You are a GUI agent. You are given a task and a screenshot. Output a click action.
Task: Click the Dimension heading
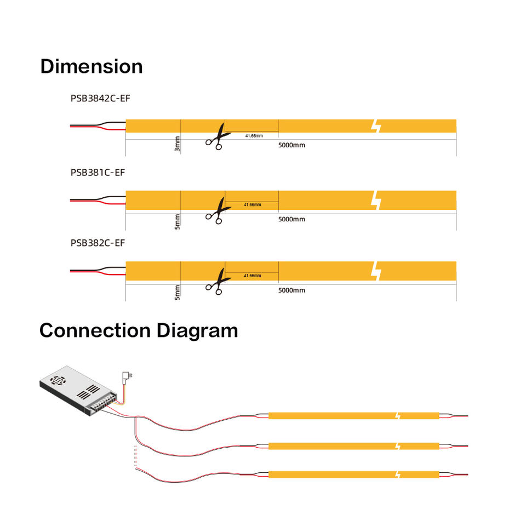click(92, 66)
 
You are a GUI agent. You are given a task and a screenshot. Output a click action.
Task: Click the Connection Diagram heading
click(139, 330)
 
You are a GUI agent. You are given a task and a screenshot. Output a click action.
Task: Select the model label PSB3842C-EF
click(100, 99)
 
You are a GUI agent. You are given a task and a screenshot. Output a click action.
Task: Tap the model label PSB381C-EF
click(98, 172)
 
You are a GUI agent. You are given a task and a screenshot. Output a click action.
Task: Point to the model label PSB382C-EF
click(98, 243)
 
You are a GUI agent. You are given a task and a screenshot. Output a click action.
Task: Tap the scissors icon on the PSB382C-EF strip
click(216, 282)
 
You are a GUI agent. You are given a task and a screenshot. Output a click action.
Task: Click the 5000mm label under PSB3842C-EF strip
click(291, 145)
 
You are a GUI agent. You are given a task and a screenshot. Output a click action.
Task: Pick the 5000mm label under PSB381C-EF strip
click(291, 219)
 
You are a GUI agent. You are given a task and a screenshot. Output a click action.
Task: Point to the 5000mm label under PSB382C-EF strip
click(291, 290)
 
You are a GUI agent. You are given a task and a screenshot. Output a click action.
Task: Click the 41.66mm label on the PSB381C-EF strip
click(253, 205)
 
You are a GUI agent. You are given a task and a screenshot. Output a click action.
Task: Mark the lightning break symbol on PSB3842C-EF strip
click(376, 126)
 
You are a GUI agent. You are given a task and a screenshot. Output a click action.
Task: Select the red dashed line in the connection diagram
click(135, 458)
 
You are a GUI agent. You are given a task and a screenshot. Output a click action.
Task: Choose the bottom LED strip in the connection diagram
click(353, 474)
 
